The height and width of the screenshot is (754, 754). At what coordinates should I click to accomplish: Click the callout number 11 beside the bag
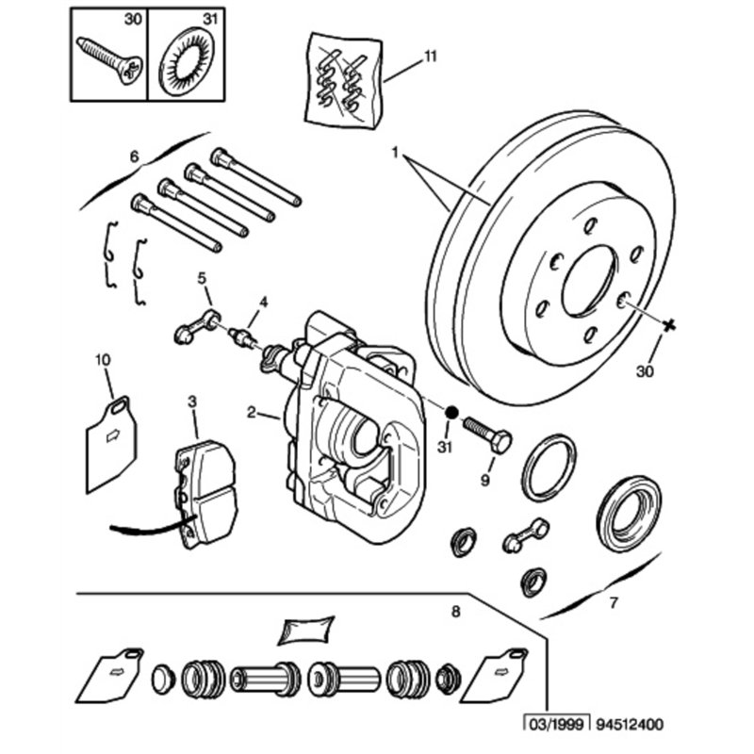click(430, 57)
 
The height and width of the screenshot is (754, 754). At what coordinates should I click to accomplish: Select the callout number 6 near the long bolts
click(134, 156)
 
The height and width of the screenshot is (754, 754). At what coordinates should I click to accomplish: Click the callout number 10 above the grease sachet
click(103, 359)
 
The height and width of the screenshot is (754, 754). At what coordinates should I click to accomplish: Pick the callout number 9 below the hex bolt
click(486, 481)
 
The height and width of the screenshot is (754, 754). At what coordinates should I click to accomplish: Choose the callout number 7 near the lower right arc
click(613, 601)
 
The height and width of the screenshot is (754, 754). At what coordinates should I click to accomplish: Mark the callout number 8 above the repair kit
click(456, 612)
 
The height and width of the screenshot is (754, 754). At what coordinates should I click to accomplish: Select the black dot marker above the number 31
click(451, 412)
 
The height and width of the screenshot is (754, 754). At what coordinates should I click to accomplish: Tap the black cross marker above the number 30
click(669, 325)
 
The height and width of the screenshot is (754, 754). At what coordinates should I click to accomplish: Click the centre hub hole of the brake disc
click(588, 280)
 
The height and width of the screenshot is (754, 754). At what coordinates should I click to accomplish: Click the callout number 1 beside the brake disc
click(397, 151)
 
